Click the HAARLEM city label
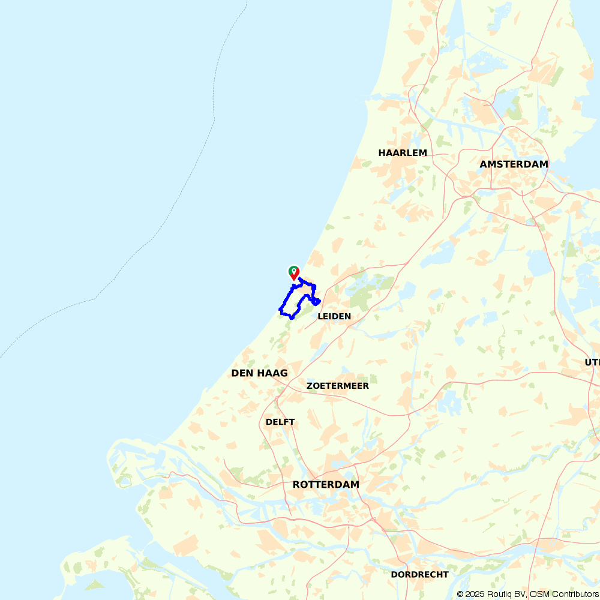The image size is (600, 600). coord(403,153)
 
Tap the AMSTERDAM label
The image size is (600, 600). coord(514,164)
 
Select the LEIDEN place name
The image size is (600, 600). coord(334,316)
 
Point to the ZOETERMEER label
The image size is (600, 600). coord(337,386)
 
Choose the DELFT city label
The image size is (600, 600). coord(280,422)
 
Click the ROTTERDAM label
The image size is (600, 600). coord(326,485)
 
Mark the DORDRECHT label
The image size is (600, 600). coord(419,575)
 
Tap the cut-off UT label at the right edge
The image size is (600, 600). coord(592,362)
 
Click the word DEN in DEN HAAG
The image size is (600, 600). coord(242,373)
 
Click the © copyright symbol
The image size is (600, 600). coord(460,594)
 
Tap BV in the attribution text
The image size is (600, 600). coord(522,594)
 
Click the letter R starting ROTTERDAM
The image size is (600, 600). coord(296,485)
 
